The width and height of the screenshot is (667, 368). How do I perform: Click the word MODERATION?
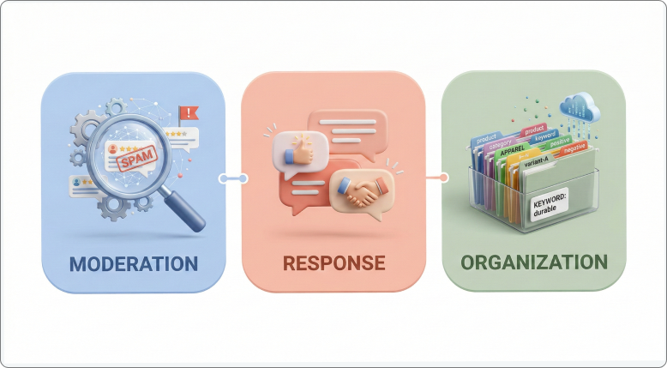coord(133,262)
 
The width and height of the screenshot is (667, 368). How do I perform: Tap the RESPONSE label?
coord(333,262)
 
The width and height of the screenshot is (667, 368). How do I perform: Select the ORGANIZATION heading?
coord(533,262)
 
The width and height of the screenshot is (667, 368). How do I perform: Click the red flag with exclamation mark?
coord(187,112)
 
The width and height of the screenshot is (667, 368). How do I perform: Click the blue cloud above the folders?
coord(578,107)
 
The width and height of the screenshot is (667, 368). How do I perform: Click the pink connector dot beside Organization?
coord(443,178)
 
